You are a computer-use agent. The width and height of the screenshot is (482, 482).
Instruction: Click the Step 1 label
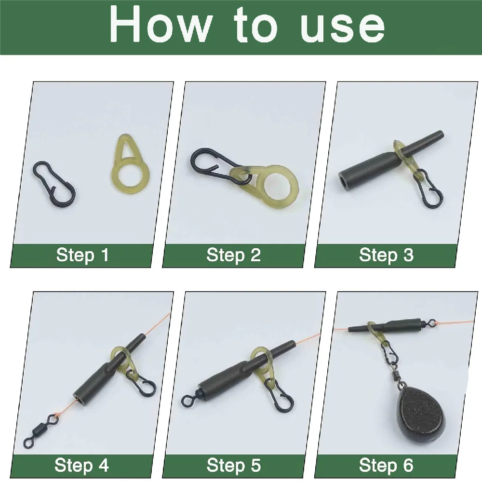click(x=82, y=255)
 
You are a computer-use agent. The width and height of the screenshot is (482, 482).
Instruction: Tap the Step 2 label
click(x=233, y=255)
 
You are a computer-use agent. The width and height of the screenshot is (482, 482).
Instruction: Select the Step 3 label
click(x=386, y=255)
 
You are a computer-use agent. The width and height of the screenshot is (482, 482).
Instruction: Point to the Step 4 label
click(x=81, y=466)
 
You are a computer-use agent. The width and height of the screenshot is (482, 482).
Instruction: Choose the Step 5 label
click(x=233, y=466)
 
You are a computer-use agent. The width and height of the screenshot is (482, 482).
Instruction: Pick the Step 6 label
click(x=386, y=466)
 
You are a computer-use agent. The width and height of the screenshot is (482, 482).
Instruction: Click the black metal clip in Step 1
click(x=54, y=183)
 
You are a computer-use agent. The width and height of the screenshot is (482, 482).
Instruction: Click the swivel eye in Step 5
click(x=187, y=400)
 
